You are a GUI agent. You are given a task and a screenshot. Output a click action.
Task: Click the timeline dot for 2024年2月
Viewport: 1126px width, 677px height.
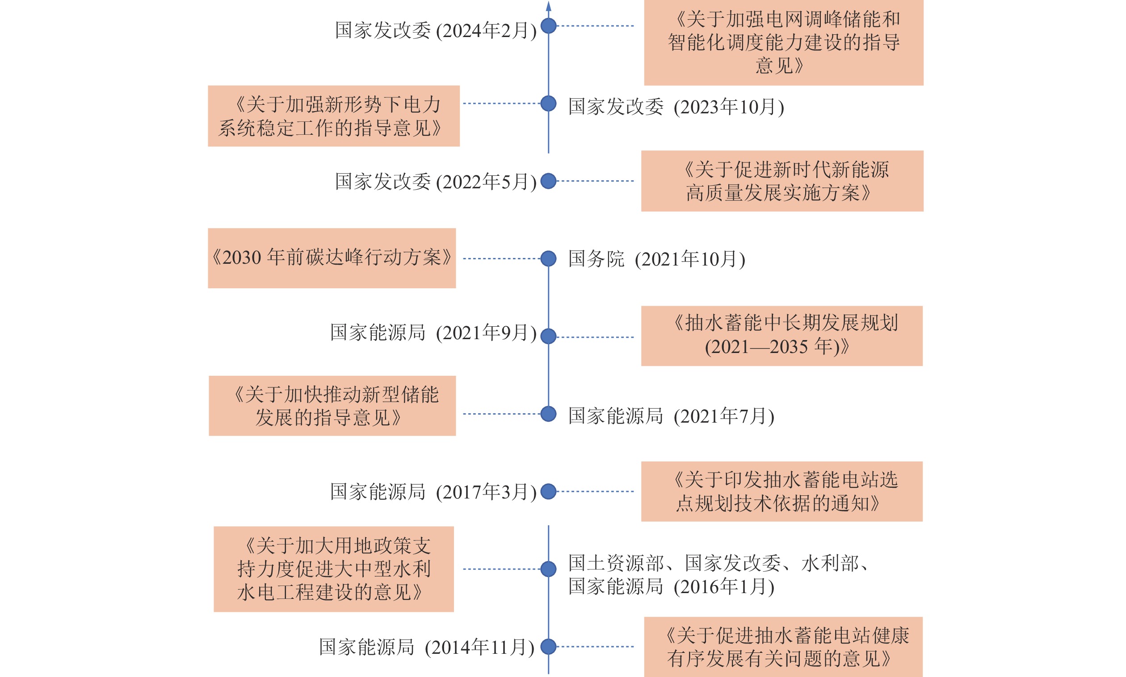coord(548,25)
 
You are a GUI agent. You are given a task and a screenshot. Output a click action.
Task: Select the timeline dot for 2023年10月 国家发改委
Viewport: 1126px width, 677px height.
coord(548,104)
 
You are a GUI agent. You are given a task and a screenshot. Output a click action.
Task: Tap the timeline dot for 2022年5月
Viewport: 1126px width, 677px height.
coord(548,181)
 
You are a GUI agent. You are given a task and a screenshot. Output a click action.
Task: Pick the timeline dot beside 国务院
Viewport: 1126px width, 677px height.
coord(548,259)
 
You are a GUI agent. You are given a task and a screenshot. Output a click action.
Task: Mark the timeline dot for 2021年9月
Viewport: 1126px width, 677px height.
coord(548,336)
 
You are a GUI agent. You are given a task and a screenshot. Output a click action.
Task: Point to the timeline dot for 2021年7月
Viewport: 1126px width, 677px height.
coord(548,414)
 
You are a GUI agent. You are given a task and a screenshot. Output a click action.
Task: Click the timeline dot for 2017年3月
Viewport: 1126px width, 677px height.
coord(548,491)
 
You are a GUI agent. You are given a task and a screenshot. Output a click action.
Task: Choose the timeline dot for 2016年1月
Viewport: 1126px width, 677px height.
coord(548,569)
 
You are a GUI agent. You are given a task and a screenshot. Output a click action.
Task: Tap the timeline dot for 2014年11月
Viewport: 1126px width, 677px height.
coord(548,647)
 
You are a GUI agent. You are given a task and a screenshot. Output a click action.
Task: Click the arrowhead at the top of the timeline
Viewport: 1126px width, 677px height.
coord(548,5)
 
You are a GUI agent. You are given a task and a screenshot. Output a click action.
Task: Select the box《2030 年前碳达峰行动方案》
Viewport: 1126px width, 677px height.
coord(332,258)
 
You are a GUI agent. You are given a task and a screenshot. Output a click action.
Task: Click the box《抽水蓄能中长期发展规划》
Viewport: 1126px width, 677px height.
coord(781,336)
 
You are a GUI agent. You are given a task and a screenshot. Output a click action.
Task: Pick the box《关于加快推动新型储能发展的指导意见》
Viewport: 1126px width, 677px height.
coord(332,406)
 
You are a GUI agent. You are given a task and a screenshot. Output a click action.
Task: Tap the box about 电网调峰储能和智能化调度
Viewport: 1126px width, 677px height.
coord(784,42)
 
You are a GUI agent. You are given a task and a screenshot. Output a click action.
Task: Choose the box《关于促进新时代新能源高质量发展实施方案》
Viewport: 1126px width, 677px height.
coord(781,181)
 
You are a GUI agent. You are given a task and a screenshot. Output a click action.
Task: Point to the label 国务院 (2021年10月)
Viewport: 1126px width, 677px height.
coord(656,259)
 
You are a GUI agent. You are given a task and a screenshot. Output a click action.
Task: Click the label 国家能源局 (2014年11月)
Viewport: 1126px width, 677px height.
coord(426,647)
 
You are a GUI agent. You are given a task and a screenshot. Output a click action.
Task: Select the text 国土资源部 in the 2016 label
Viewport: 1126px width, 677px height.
coord(616,563)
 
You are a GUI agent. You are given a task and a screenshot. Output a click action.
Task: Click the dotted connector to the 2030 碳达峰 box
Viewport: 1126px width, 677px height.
coord(501,259)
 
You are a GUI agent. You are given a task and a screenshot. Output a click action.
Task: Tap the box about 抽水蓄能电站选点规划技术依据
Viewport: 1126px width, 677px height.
coord(781,491)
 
